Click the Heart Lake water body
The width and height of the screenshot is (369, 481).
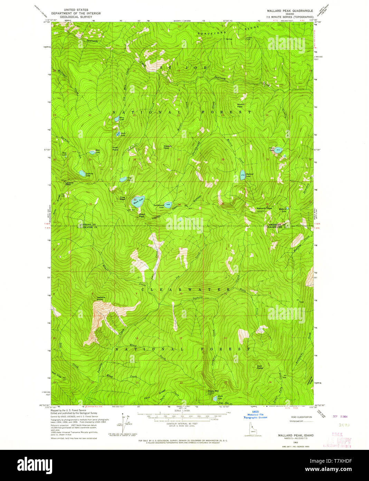tap(138, 202)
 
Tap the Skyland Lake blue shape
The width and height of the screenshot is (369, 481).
tap(243, 174)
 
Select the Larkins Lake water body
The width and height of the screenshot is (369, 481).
tap(82, 173)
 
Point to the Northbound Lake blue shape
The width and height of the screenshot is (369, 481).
tap(168, 205)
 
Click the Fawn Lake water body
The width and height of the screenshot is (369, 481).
tap(278, 150)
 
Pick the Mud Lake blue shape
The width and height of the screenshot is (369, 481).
tap(92, 152)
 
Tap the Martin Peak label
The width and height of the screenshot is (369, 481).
tap(240, 105)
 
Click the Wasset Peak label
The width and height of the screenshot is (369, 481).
tap(167, 147)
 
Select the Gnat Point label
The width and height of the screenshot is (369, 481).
tap(115, 148)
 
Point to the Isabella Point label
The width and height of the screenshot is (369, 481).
tap(101, 298)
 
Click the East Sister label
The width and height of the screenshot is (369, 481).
tap(260, 367)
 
